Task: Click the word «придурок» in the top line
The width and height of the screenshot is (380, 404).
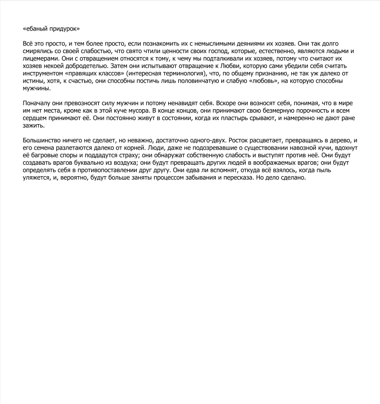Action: click(x=64, y=29)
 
